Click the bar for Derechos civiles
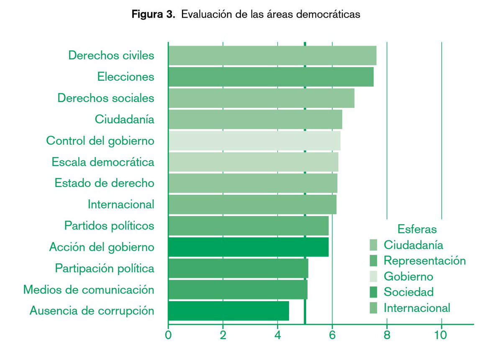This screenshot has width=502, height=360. coord(272,56)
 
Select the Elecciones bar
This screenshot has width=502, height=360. coord(271,77)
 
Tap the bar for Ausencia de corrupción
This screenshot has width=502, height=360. coord(228,311)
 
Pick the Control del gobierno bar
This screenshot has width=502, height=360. coord(254,141)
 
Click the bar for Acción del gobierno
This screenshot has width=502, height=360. coord(248,247)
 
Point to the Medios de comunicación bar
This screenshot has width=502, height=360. coord(238,290)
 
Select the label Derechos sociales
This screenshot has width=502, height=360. coord(106,98)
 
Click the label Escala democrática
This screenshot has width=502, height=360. coord(103,162)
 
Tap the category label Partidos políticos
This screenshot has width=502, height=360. coord(109,226)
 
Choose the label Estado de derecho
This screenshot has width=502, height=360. coord(104,183)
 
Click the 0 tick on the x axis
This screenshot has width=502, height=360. coord(168,335)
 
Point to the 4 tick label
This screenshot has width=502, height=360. coord(277,335)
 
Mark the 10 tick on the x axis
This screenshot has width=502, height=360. coord(441,335)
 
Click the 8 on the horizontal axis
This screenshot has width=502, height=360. coord(387,335)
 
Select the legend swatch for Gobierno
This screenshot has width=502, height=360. coord(374,276)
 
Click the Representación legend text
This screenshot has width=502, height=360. coord(425,260)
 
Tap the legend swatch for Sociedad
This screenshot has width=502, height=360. coord(374,292)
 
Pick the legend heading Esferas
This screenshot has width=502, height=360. coord(417,229)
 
